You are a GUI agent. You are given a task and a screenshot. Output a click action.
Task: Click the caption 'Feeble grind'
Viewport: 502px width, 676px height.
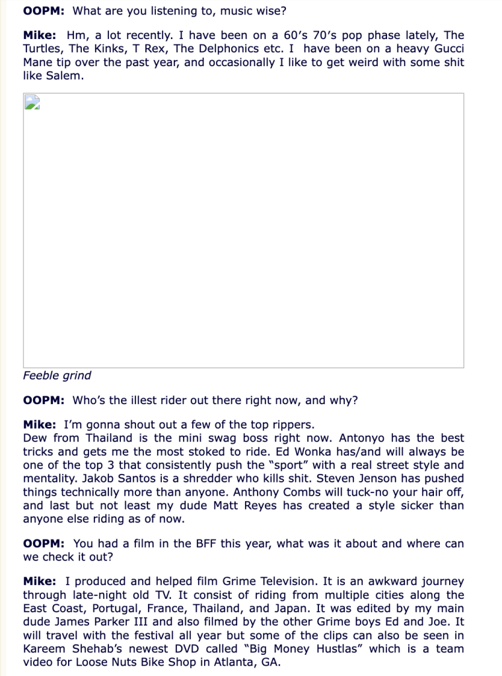(57, 376)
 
